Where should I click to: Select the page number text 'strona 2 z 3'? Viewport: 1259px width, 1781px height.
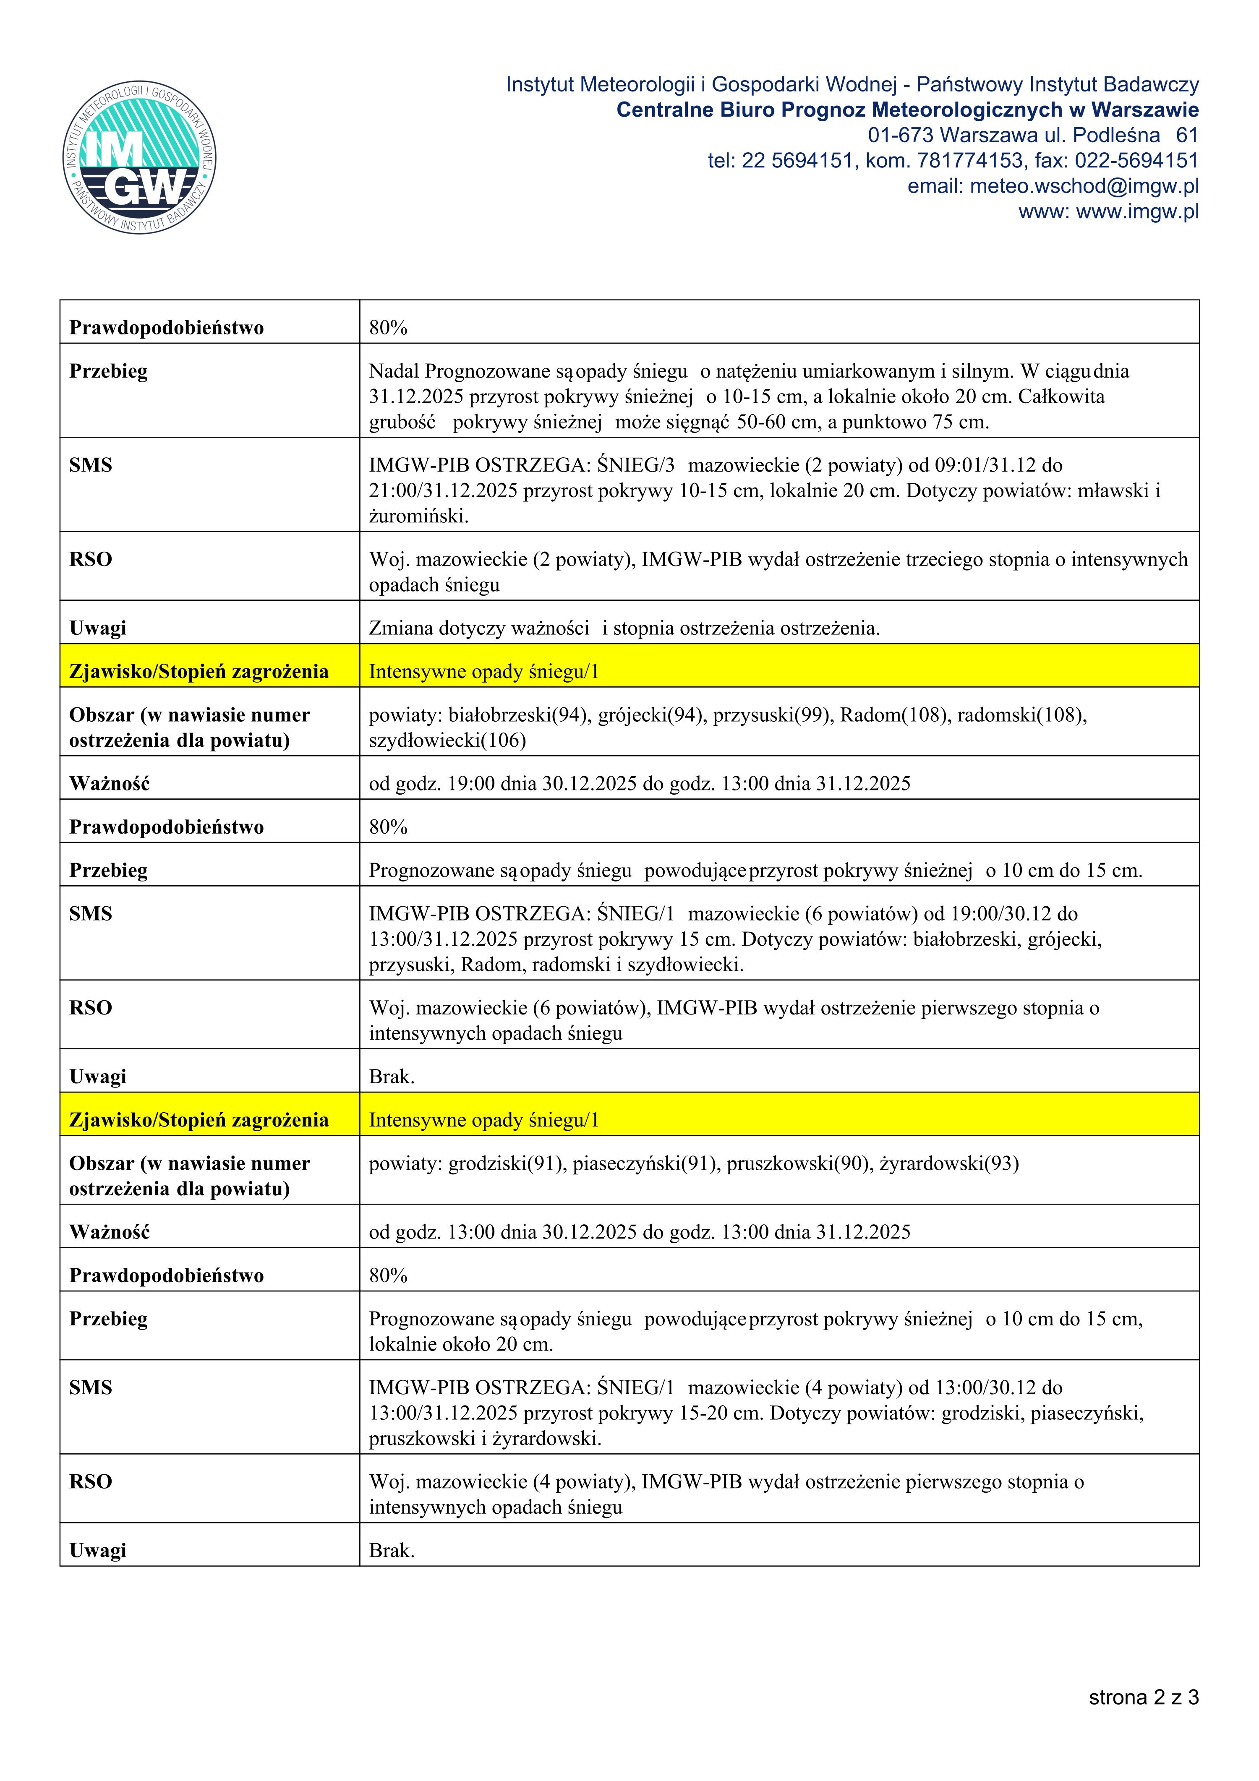[1144, 1697]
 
